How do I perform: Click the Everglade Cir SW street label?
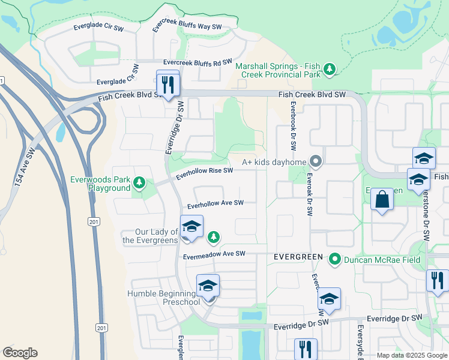click(98, 27)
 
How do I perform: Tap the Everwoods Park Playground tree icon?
click(139, 182)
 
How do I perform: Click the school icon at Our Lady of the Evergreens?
click(191, 227)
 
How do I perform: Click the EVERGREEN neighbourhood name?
click(298, 256)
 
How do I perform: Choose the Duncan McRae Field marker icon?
click(335, 259)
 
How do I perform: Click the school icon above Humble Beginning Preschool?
click(208, 286)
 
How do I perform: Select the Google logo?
click(20, 352)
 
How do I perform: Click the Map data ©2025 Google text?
click(411, 355)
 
